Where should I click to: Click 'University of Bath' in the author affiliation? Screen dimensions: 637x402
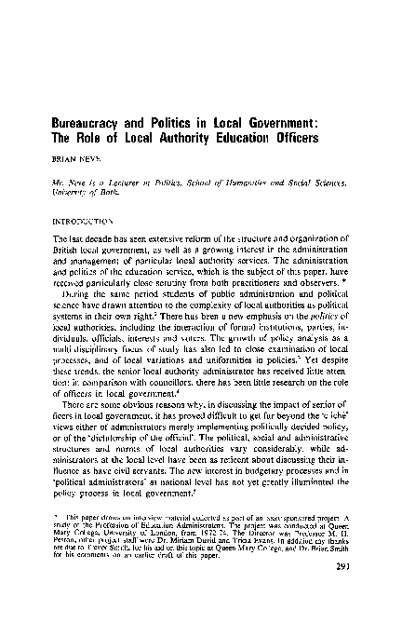pos(102,194)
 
